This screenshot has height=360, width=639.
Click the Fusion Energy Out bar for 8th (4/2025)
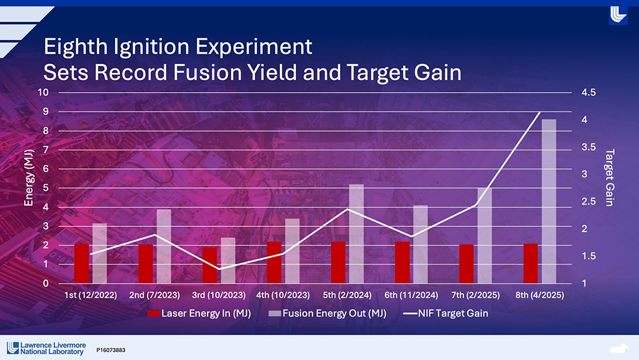tap(549, 201)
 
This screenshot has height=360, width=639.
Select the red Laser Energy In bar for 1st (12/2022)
tap(82, 263)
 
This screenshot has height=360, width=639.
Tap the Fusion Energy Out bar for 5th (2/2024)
tap(357, 233)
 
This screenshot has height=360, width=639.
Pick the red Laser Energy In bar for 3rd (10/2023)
tap(210, 265)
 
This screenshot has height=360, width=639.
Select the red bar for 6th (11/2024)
tap(403, 262)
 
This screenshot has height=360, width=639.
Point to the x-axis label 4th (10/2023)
tap(283, 295)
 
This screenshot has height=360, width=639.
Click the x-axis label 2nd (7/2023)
tap(155, 295)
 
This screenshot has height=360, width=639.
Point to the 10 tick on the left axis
tap(44, 92)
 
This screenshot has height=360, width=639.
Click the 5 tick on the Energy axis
tap(47, 188)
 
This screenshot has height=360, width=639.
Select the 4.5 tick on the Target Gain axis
tap(589, 92)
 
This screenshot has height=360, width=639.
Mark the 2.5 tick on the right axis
tap(589, 201)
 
